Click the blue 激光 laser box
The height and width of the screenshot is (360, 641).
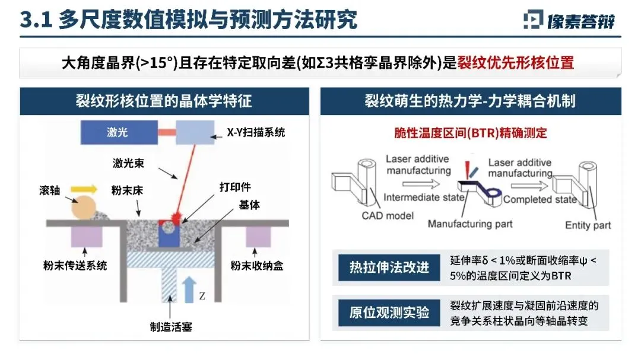pyautogui.click(x=118, y=132)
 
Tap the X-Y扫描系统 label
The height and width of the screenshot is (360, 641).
pyautogui.click(x=256, y=132)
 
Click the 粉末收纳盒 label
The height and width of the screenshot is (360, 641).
pyautogui.click(x=257, y=265)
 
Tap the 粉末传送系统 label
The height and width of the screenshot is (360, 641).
pyautogui.click(x=75, y=265)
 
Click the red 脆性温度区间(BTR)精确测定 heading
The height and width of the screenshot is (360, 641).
pyautogui.click(x=470, y=133)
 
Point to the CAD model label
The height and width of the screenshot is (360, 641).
pyautogui.click(x=388, y=215)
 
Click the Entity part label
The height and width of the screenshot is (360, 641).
pyautogui.click(x=588, y=225)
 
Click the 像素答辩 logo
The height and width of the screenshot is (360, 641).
pyautogui.click(x=570, y=21)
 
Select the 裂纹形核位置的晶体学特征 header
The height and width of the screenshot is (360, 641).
pyautogui.click(x=163, y=101)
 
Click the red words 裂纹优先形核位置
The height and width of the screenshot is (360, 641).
pyautogui.click(x=516, y=63)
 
